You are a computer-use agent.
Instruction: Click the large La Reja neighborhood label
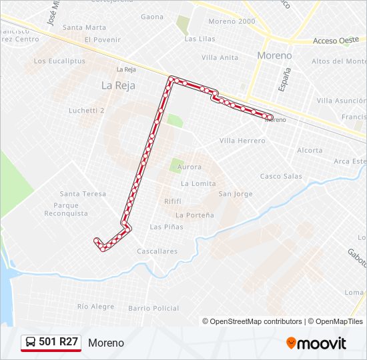pyautogui.click(x=119, y=85)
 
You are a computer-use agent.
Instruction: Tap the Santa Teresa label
pyautogui.click(x=83, y=194)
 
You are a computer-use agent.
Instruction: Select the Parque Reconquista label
pyautogui.click(x=66, y=209)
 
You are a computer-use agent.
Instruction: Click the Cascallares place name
pyautogui.click(x=157, y=251)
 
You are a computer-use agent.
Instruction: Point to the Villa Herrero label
pyautogui.click(x=242, y=141)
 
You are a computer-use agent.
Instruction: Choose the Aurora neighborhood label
pyautogui.click(x=190, y=167)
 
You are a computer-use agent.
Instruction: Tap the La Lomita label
pyautogui.click(x=198, y=183)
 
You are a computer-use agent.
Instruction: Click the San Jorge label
pyautogui.click(x=236, y=194)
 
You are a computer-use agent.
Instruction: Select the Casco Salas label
pyautogui.click(x=281, y=177)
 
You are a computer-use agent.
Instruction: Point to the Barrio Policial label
pyautogui.click(x=153, y=308)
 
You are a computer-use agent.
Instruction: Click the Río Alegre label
pyautogui.click(x=95, y=307)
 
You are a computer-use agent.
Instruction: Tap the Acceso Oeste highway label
pyautogui.click(x=336, y=40)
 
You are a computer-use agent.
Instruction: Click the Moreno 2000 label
pyautogui.click(x=232, y=21)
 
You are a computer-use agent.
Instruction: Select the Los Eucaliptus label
pyautogui.click(x=59, y=61)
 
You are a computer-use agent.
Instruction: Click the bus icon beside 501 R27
pyautogui.click(x=31, y=342)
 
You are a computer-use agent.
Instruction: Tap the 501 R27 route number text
pyautogui.click(x=59, y=342)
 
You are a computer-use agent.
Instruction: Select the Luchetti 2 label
pyautogui.click(x=87, y=111)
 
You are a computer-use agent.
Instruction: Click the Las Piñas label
pyautogui.click(x=166, y=227)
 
